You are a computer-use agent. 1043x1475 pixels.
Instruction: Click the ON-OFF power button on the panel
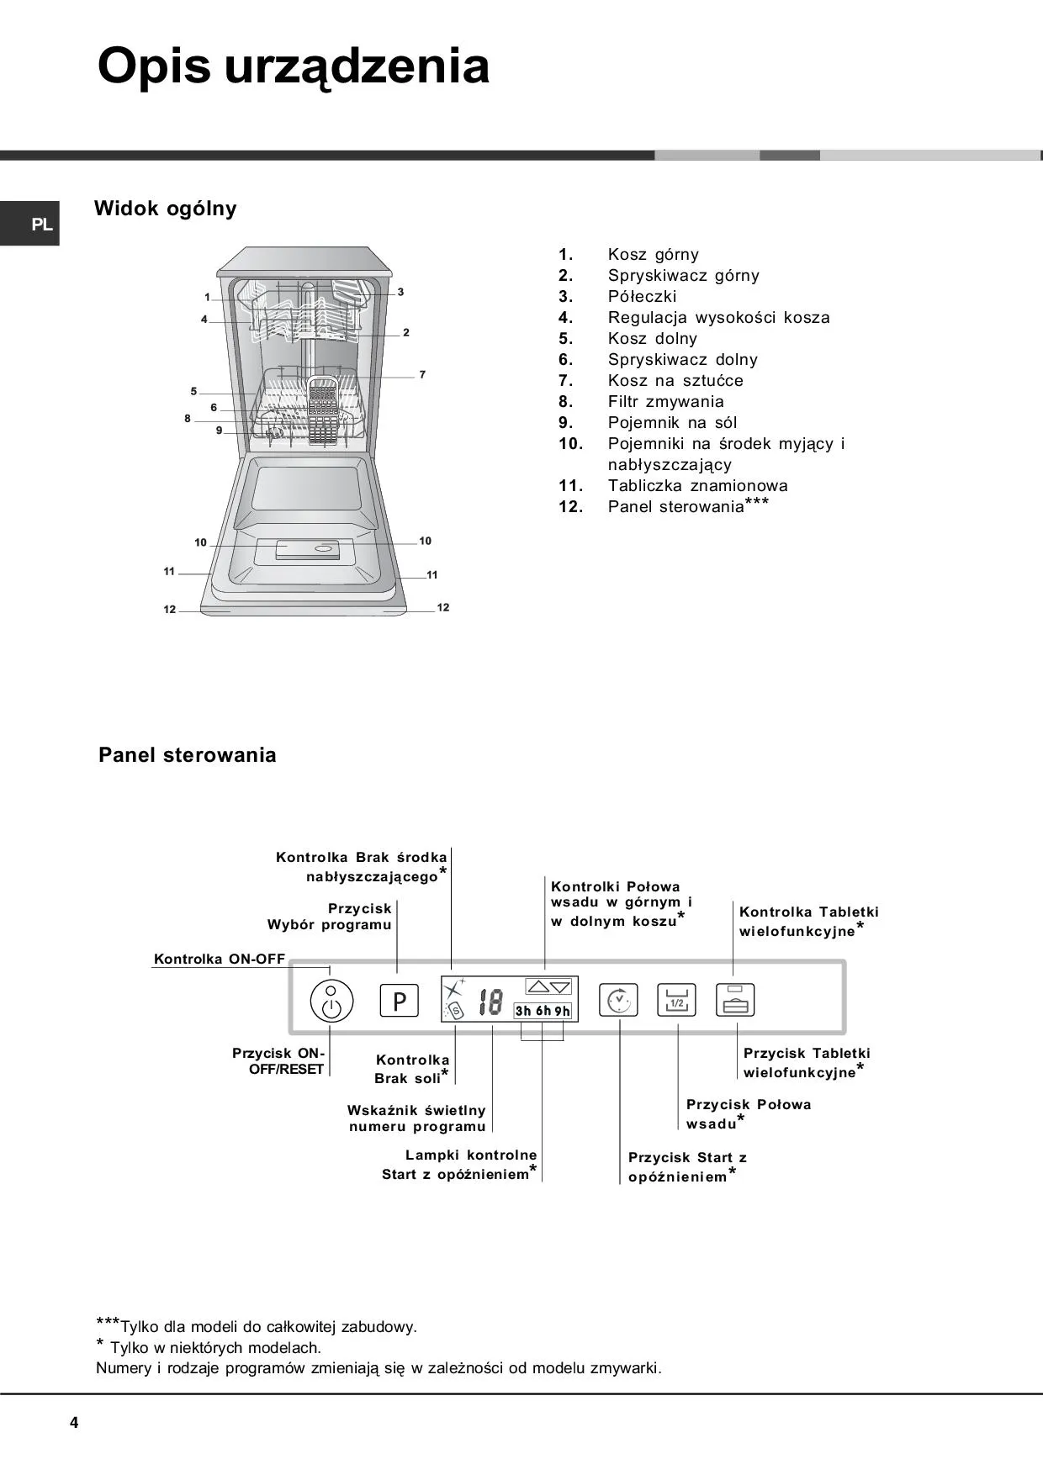coord(331,1001)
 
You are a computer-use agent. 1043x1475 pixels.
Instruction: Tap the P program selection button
coord(400,1001)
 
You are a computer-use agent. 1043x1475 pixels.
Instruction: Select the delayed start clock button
coord(618,1001)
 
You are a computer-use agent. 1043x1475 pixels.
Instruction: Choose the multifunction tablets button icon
coord(735,1001)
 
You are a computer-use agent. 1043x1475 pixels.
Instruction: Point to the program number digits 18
coord(490,1002)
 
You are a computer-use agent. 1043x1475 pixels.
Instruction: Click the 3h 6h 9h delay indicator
coord(543,1011)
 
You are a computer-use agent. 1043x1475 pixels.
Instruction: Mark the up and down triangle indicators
coord(548,986)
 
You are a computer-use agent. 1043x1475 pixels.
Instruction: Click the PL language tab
coord(41,225)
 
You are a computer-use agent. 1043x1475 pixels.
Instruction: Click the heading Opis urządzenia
coord(294,66)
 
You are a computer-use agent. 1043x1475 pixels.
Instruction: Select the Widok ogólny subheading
coord(166,209)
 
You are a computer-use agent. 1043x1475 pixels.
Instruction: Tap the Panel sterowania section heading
coord(188,754)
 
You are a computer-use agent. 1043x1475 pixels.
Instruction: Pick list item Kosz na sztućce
coord(675,380)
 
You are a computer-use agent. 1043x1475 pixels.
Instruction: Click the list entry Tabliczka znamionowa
coord(697,485)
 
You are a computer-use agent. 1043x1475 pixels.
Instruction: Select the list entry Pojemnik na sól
coord(672,422)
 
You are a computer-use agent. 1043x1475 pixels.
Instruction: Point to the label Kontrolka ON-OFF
coord(220,959)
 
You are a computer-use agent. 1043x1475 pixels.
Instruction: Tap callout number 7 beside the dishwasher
coord(422,374)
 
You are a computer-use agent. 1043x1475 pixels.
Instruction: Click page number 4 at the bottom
coord(74,1423)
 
